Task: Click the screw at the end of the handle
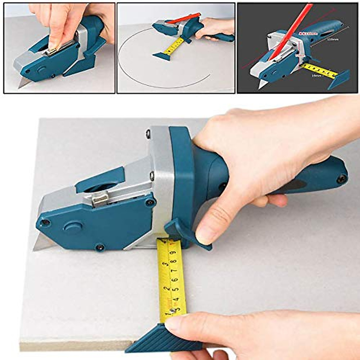tap(341, 179)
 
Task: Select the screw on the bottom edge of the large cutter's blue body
tap(100, 247)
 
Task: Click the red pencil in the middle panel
tap(183, 18)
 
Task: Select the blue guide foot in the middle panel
tap(162, 56)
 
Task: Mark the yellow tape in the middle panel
tap(174, 45)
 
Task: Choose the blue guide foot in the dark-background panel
tap(339, 79)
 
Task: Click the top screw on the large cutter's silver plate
tap(148, 133)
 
